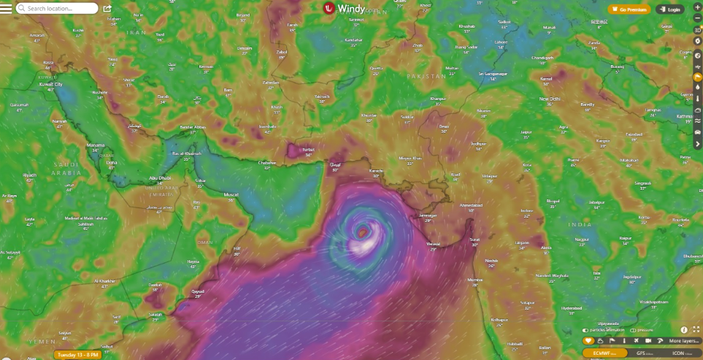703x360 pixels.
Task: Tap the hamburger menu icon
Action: point(7,9)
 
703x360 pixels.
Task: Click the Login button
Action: point(671,9)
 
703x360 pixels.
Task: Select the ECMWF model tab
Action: point(602,353)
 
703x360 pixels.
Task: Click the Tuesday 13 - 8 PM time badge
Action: point(77,355)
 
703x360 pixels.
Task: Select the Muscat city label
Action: point(231,195)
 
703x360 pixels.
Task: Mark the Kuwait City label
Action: point(50,85)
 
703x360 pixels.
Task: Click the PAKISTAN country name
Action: point(426,76)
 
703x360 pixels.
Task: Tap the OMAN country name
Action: point(204,242)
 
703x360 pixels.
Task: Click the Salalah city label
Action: point(155,313)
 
